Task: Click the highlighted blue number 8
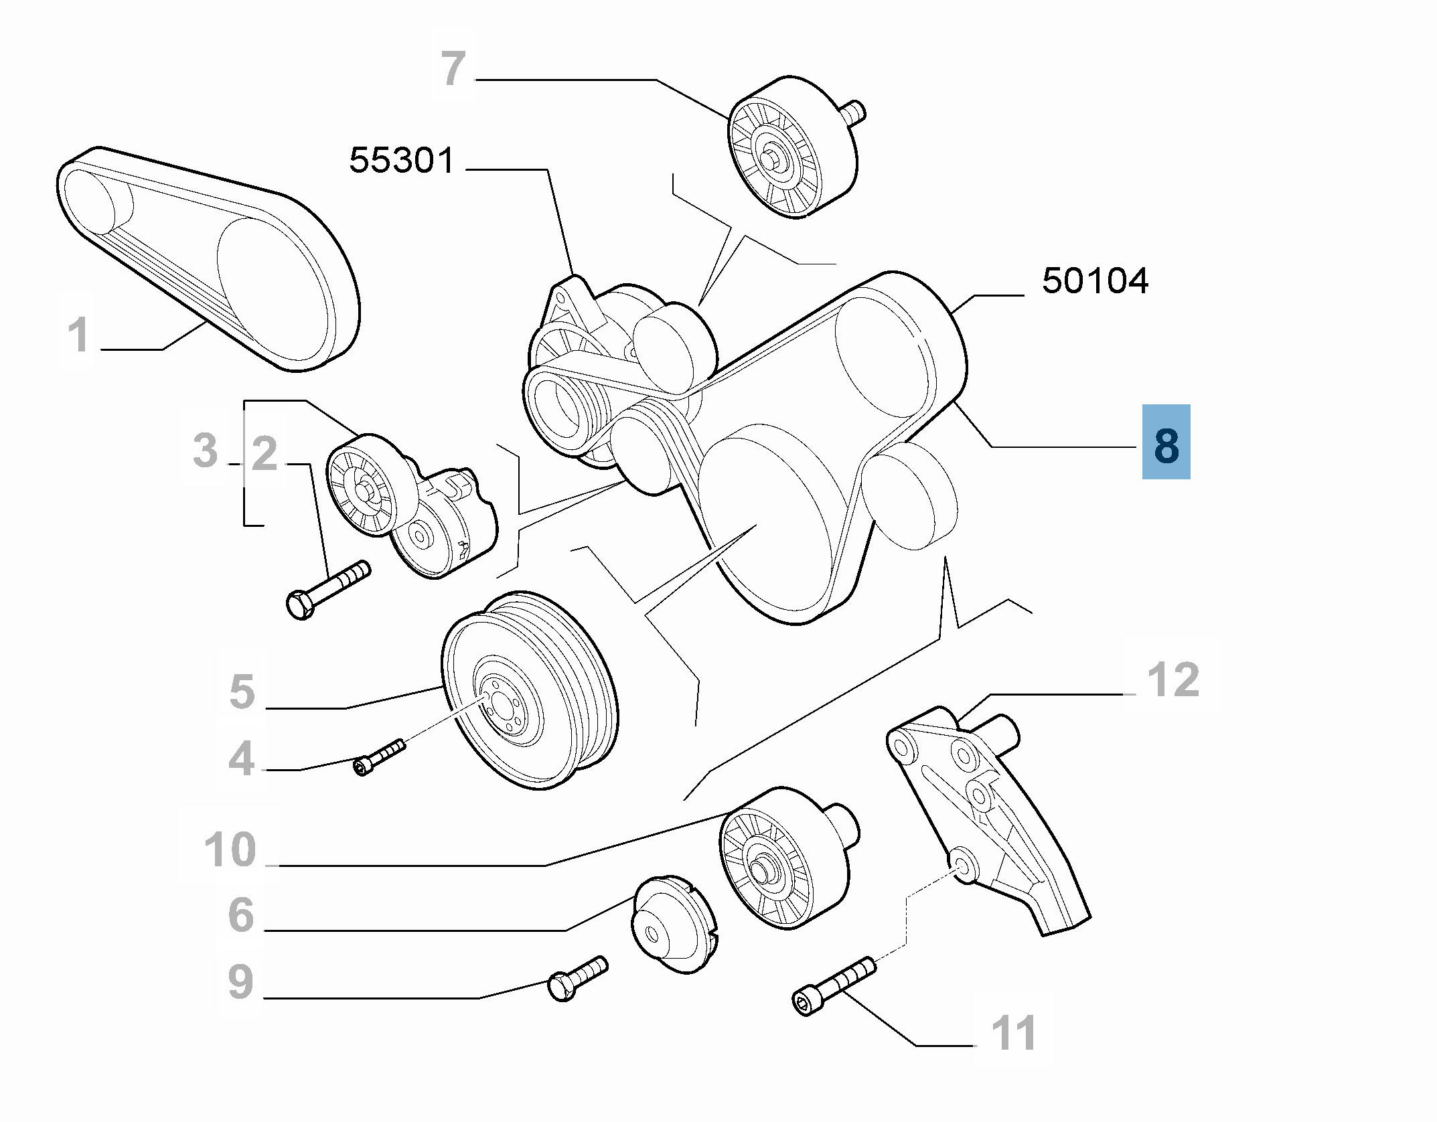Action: pos(1166,442)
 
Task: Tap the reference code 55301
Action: pos(402,162)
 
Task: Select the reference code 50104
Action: pos(1095,281)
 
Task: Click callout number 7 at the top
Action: pos(454,70)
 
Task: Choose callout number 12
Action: pos(1173,680)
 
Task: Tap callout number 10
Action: pos(230,850)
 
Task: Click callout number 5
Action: pos(242,692)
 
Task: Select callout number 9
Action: pos(240,982)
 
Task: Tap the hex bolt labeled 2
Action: pos(327,590)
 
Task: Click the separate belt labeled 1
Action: pos(208,261)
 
